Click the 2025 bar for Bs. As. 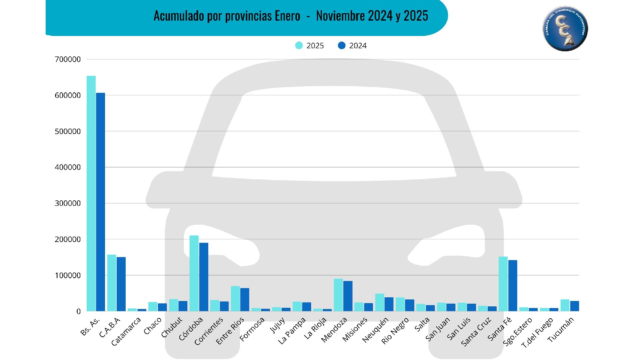(x=91, y=193)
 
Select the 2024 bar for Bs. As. (x=100, y=202)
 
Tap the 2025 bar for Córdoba (x=194, y=273)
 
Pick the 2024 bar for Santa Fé (x=513, y=286)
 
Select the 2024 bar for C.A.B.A (x=121, y=284)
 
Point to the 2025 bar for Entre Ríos (x=235, y=299)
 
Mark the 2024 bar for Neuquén (x=389, y=304)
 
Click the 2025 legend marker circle (x=299, y=46)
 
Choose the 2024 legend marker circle (x=342, y=46)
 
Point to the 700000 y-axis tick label (x=68, y=59)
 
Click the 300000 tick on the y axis (x=68, y=203)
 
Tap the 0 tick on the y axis (x=78, y=311)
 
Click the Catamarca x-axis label (x=126, y=331)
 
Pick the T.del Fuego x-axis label (x=537, y=333)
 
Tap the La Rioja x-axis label (x=315, y=329)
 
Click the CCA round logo (x=565, y=29)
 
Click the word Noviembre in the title (x=340, y=16)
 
